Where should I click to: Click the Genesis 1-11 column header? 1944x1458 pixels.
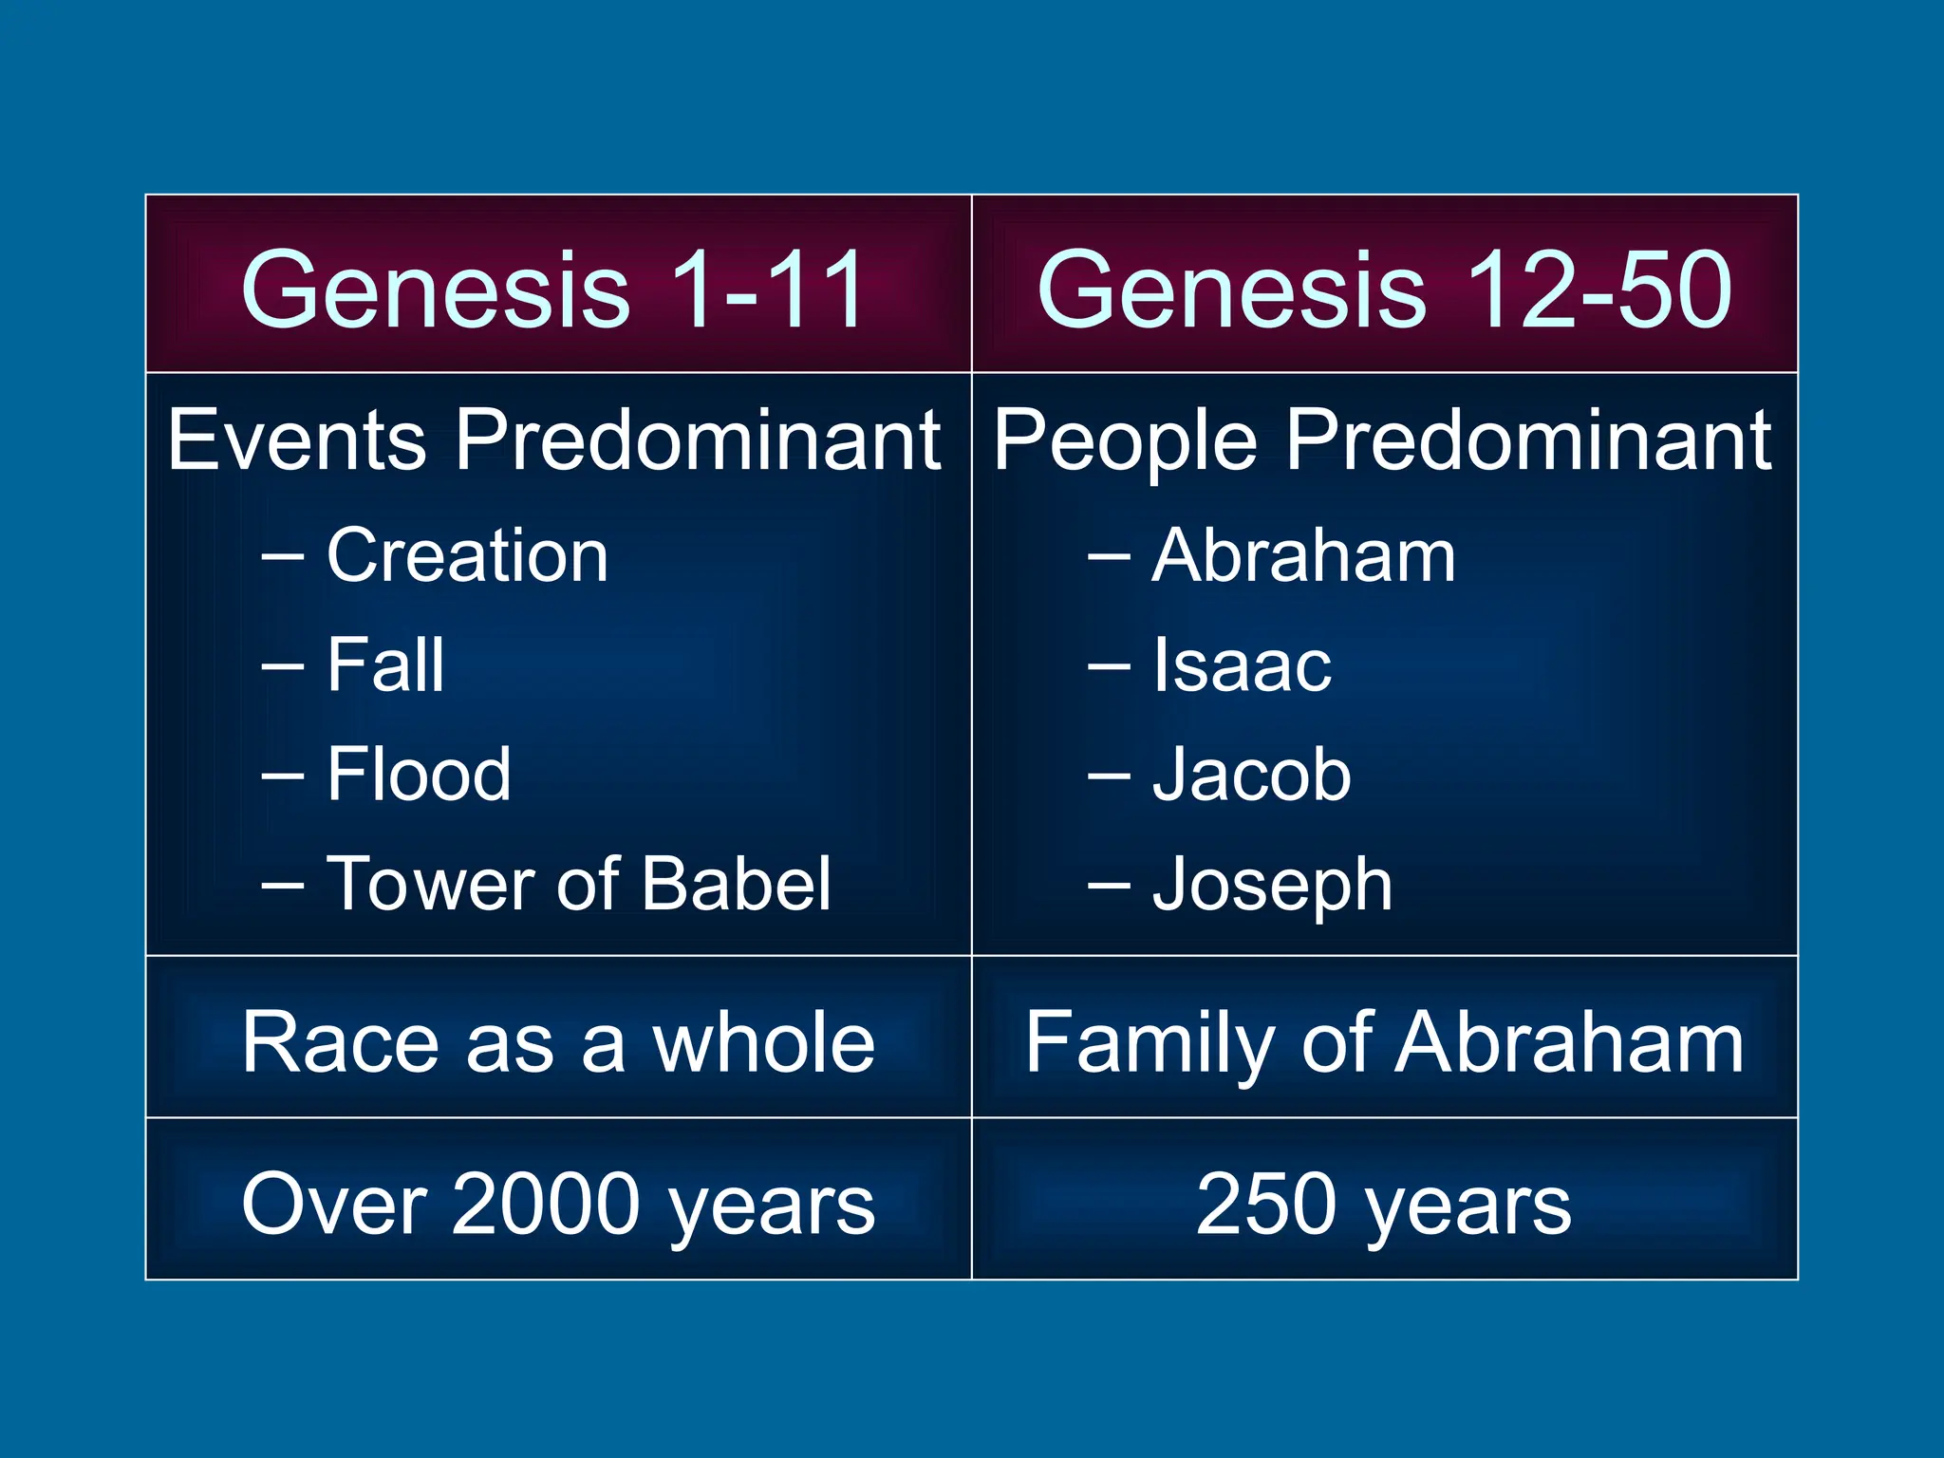553,289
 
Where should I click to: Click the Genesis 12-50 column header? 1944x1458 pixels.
1384,289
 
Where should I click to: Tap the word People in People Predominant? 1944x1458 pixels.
1125,441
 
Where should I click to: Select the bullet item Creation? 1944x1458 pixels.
467,556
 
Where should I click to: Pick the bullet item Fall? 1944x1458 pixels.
385,665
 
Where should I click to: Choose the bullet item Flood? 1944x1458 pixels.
419,775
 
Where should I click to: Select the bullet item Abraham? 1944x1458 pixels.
1303,556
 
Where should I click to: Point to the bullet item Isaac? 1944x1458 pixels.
1242,665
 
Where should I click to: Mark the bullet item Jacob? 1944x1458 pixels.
1251,775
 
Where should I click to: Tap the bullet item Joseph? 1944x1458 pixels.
1272,886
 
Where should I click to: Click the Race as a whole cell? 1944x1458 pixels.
558,1042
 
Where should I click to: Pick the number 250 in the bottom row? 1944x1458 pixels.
1269,1204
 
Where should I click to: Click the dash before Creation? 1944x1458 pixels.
282,558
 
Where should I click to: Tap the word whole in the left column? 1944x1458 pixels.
763,1042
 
